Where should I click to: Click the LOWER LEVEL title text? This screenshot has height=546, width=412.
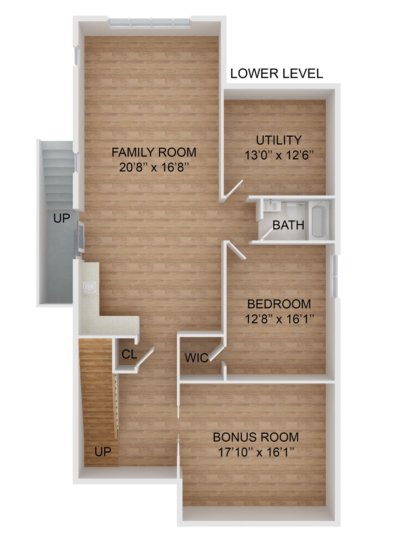pyautogui.click(x=276, y=73)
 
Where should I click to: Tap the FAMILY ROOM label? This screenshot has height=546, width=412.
pyautogui.click(x=154, y=152)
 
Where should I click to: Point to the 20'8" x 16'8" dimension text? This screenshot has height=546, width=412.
pyautogui.click(x=154, y=167)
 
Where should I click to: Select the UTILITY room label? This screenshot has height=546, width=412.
pyautogui.click(x=279, y=140)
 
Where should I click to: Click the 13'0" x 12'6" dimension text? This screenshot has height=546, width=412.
pyautogui.click(x=279, y=155)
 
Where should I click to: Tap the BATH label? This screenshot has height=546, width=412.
pyautogui.click(x=288, y=225)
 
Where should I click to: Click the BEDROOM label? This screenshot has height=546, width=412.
pyautogui.click(x=279, y=304)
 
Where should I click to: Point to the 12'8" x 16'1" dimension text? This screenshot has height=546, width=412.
pyautogui.click(x=279, y=319)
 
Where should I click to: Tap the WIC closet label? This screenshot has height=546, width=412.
pyautogui.click(x=196, y=358)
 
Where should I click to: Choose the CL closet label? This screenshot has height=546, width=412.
pyautogui.click(x=129, y=354)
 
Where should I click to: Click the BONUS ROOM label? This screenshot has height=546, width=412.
pyautogui.click(x=256, y=437)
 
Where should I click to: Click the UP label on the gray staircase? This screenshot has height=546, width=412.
pyautogui.click(x=61, y=218)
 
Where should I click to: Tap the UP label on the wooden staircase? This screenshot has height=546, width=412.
pyautogui.click(x=103, y=451)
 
